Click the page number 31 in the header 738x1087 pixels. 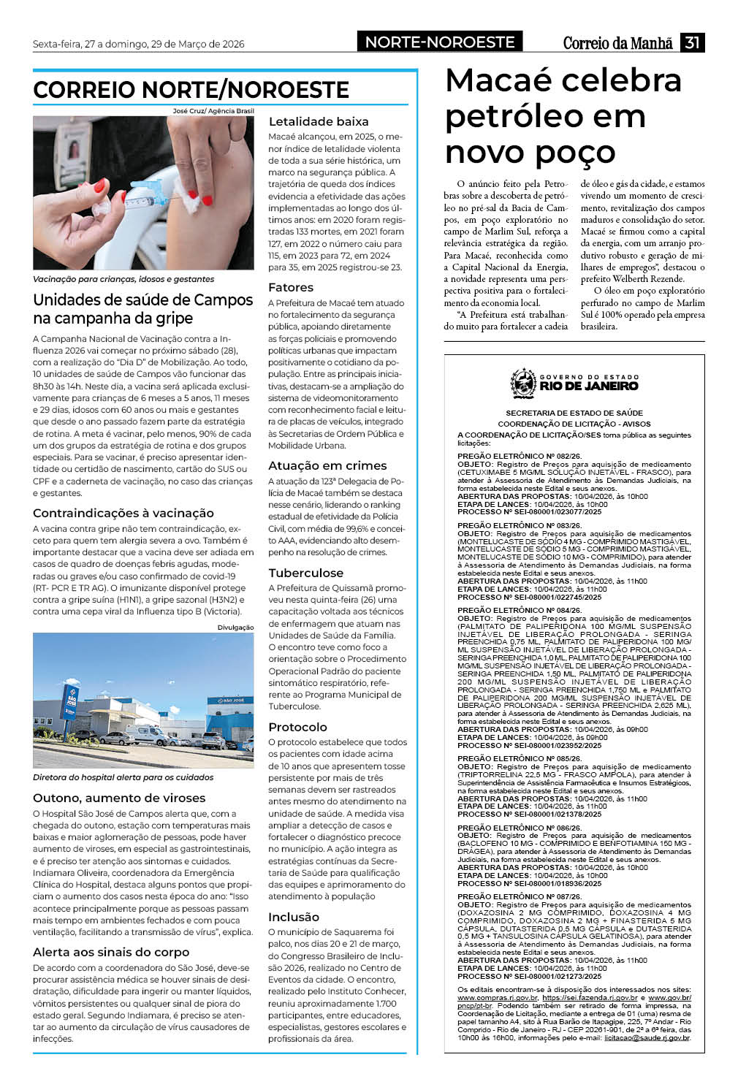692,42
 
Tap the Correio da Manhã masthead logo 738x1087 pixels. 617,43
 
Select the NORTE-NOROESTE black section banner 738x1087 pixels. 440,42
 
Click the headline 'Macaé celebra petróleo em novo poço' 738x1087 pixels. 563,116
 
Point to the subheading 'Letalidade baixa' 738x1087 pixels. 319,121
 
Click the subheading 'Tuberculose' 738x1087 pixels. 305,573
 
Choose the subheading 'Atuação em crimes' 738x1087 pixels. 327,465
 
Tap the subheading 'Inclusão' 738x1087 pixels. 294,917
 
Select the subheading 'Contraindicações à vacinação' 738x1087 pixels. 123,513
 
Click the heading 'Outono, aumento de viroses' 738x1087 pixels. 119,798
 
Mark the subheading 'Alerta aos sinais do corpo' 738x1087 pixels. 111,952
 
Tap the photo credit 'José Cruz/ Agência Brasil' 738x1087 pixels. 213,111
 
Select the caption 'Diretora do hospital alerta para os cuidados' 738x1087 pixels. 123,777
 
